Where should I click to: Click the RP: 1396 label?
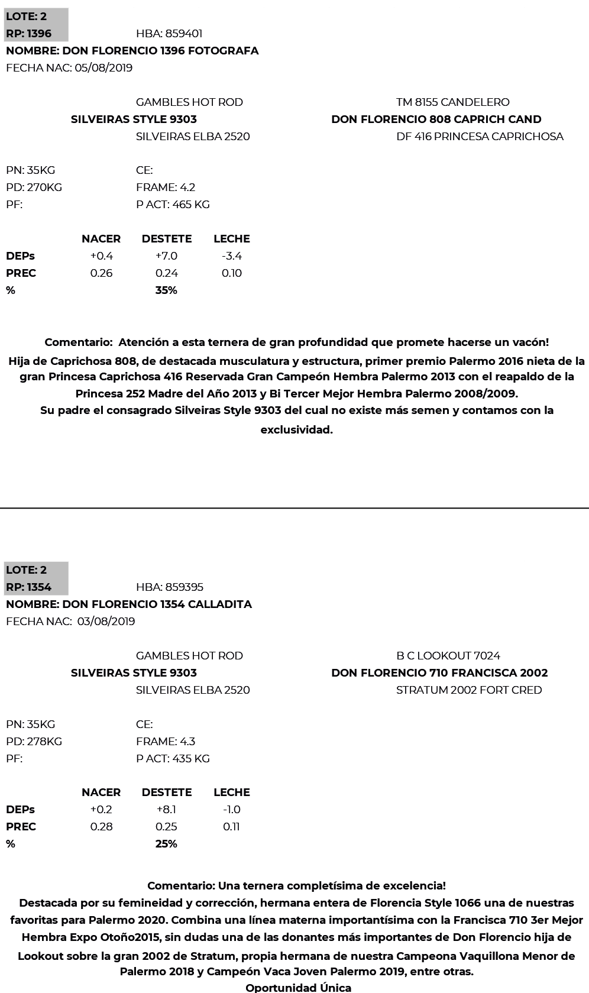pos(29,34)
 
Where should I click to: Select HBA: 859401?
pos(169,34)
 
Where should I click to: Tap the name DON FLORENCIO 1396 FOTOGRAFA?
pos(132,51)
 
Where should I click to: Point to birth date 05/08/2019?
pos(103,68)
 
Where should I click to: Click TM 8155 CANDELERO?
pos(452,102)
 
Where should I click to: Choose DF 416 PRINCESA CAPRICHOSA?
pos(480,137)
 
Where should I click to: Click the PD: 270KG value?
pos(34,187)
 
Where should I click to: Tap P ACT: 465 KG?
pos(173,205)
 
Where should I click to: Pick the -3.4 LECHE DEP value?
pos(231,256)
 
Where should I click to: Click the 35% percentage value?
pos(166,290)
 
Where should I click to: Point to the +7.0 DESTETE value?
pos(166,256)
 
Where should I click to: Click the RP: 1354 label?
pos(29,587)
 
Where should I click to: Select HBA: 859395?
pos(170,587)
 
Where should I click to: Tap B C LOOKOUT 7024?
pos(448,656)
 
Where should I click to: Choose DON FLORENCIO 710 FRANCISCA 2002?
pos(439,673)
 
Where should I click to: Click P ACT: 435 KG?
pos(173,759)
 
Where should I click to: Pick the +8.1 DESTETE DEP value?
pos(166,810)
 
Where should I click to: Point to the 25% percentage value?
pos(166,844)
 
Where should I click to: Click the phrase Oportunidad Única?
pos(298,987)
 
